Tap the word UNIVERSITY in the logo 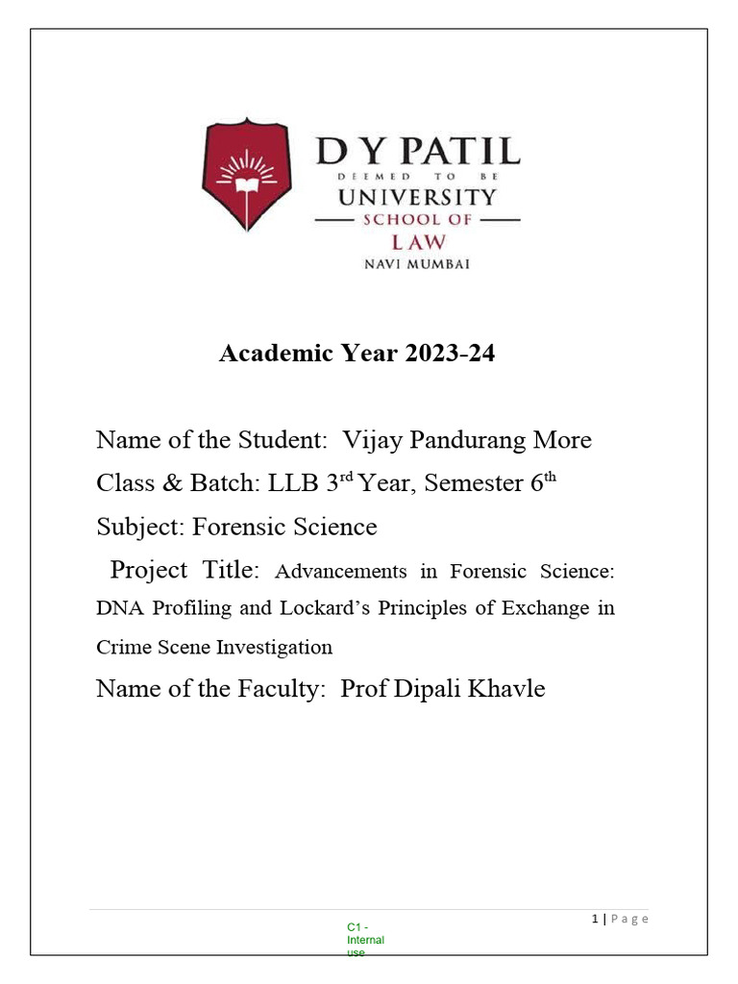tap(418, 198)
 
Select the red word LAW tap(418, 241)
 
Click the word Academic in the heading tap(268, 354)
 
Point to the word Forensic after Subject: tap(236, 527)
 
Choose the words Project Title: tap(184, 570)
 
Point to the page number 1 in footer tap(595, 920)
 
